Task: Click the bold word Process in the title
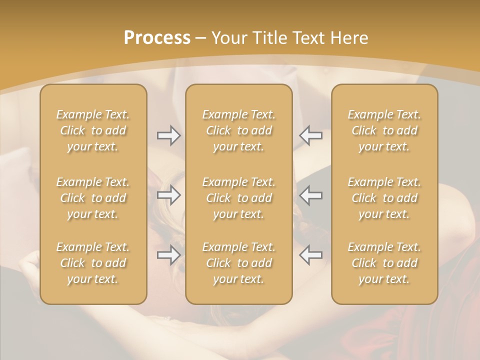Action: pos(157,38)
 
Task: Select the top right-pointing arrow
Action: pos(169,135)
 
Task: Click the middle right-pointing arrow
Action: pos(169,195)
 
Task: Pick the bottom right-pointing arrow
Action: pos(169,255)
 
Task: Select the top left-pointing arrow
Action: pos(311,135)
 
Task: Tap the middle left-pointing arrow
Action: pos(311,195)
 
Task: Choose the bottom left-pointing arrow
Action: pos(311,255)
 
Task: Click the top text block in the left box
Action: pos(93,130)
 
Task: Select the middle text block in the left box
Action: pos(93,198)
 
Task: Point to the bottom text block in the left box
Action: pos(93,263)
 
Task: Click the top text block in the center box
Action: pos(239,130)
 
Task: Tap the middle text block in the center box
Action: pos(239,198)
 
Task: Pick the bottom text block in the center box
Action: pos(239,263)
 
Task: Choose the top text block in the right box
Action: pos(384,130)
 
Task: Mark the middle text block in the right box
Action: pos(384,198)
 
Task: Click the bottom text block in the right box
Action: pos(384,263)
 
